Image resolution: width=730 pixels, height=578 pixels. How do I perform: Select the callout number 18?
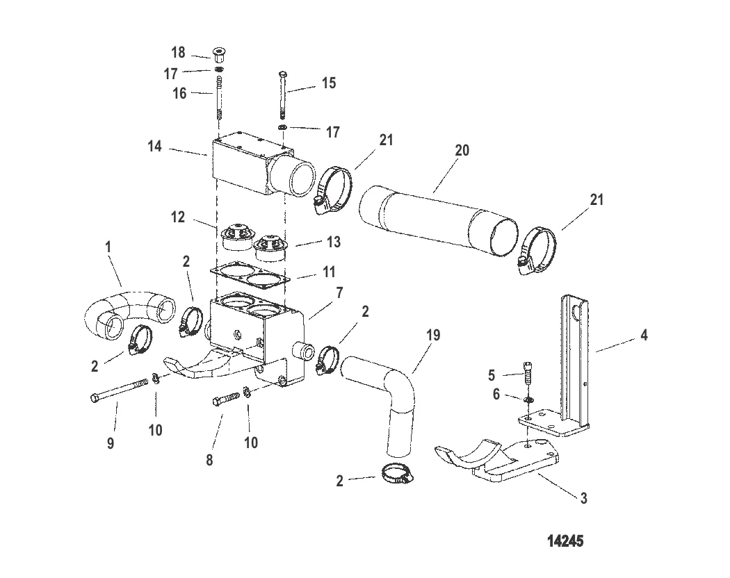pyautogui.click(x=178, y=53)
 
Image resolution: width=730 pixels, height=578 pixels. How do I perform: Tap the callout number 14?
pyautogui.click(x=154, y=147)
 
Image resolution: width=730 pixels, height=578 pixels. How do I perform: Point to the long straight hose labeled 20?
pyautogui.click(x=438, y=217)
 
